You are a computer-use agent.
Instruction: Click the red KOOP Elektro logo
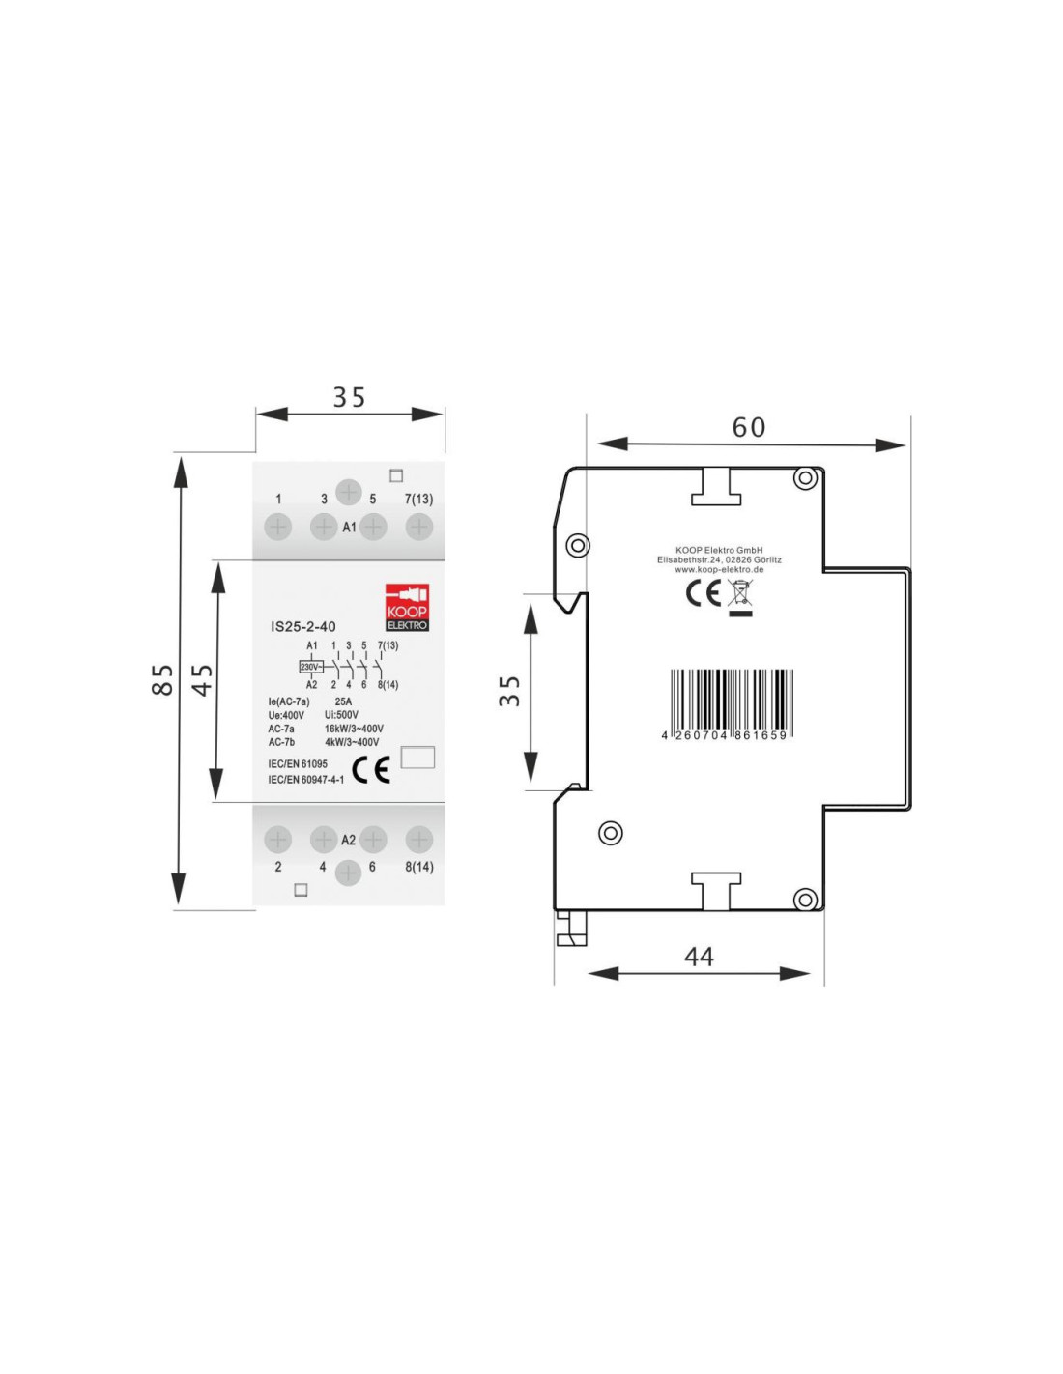(x=407, y=607)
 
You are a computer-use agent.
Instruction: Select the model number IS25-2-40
(x=302, y=627)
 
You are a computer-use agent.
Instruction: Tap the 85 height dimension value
(x=162, y=679)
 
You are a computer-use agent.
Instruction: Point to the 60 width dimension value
(x=749, y=428)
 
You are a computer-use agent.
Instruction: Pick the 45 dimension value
(x=202, y=680)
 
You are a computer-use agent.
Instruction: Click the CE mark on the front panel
(x=370, y=769)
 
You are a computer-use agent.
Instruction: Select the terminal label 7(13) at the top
(x=418, y=500)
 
